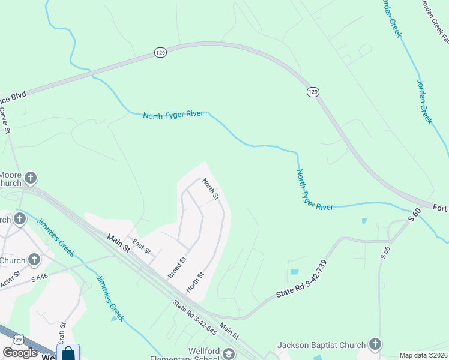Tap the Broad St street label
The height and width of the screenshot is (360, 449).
tap(177, 268)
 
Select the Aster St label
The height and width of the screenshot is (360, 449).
tap(10, 280)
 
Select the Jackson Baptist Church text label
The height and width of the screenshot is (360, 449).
tap(321, 345)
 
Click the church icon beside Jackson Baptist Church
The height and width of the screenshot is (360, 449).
tap(375, 344)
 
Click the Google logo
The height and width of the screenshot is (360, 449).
tap(20, 353)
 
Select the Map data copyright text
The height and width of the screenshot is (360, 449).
tap(423, 355)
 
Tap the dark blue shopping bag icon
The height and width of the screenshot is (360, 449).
tap(68, 353)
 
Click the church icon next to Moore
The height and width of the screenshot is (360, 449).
tap(31, 178)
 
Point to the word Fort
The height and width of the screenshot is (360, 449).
tap(440, 207)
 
